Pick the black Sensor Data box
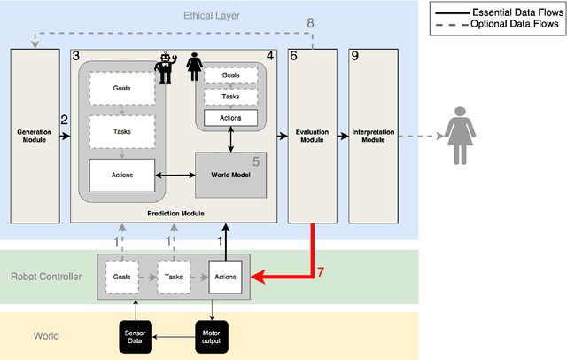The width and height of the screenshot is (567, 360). click(136, 335)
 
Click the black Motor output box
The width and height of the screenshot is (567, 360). click(212, 335)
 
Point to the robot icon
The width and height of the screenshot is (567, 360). click(165, 69)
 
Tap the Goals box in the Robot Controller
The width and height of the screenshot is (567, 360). click(121, 277)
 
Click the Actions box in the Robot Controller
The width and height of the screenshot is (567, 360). click(225, 277)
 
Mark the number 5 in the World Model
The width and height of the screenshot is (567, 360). click(256, 161)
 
